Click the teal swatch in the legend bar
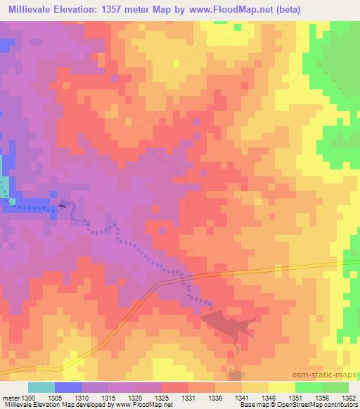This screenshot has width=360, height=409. (x=41, y=387)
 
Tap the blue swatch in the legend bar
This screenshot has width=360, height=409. (x=68, y=387)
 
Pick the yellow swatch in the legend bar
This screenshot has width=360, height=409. (x=281, y=387)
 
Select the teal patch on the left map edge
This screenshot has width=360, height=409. (x=5, y=188)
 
